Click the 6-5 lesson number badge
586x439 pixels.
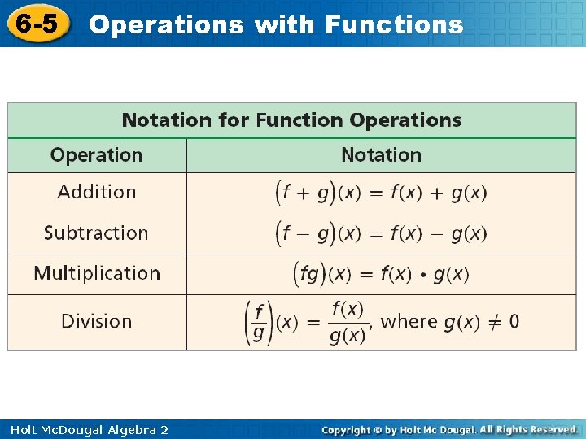37,24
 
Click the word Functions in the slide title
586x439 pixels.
394,24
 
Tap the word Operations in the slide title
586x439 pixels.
166,24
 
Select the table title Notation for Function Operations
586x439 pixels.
291,120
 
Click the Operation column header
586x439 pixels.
96,155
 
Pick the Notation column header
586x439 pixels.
381,155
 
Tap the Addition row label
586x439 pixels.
96,193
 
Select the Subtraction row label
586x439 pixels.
96,233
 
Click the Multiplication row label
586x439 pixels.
97,273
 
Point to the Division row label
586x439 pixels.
96,321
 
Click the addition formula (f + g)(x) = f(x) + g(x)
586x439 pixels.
381,193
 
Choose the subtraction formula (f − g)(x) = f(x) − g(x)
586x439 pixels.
381,233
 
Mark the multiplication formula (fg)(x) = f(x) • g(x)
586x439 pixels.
381,274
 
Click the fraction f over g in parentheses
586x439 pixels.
259,322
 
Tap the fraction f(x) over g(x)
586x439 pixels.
348,322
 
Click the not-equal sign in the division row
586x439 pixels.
491,322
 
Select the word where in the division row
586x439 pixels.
409,321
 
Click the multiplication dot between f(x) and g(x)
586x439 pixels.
422,276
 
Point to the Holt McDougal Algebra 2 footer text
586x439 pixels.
85,429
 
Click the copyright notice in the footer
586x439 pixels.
449,429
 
